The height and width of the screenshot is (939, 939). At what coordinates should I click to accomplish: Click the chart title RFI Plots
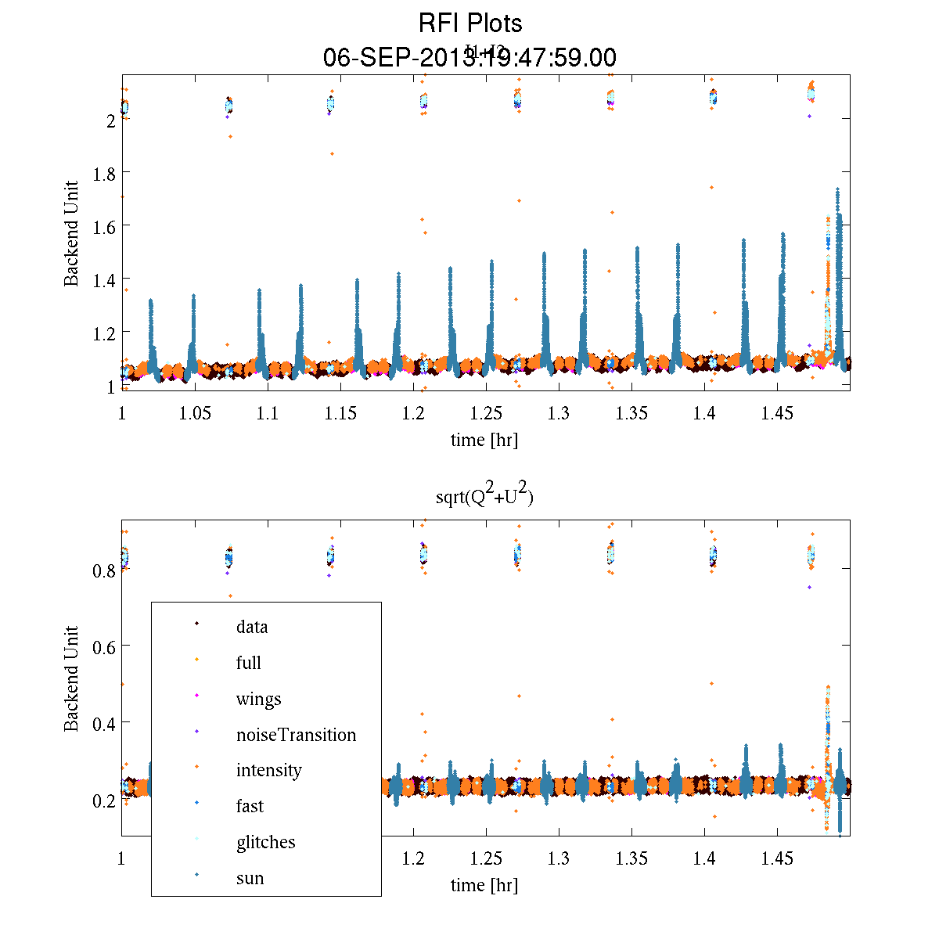pos(469,23)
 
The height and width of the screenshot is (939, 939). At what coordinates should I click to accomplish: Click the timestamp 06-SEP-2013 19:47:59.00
pos(469,57)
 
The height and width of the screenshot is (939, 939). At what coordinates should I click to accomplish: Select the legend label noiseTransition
pos(296,735)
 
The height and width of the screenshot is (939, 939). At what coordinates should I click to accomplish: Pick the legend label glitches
pos(265,842)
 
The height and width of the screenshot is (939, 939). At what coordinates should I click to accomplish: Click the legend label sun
pos(250,878)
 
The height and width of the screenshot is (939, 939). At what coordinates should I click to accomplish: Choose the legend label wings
pos(258,699)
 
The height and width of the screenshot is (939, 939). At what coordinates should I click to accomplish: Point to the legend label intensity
pos(268,770)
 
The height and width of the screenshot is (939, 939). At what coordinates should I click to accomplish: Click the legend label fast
pos(250,806)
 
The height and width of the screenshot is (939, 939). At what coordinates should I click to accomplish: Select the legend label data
pos(251,627)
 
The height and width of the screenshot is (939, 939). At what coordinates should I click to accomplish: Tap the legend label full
pos(248,663)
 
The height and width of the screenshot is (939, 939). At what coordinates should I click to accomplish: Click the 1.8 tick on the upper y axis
pos(104,172)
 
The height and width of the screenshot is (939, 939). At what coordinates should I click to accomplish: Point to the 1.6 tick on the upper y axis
pos(104,226)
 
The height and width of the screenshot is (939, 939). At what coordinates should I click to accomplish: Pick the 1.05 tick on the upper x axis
pos(195,414)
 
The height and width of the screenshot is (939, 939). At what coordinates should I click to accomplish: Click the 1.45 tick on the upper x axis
pos(777,414)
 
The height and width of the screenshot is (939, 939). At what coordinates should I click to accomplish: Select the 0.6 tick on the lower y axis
pos(104,646)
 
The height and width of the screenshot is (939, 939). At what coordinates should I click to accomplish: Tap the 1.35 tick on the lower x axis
pos(631,859)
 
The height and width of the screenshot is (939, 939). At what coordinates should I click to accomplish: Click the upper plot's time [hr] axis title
pos(484,440)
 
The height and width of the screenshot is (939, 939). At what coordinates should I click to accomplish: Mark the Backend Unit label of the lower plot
pos(72,678)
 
